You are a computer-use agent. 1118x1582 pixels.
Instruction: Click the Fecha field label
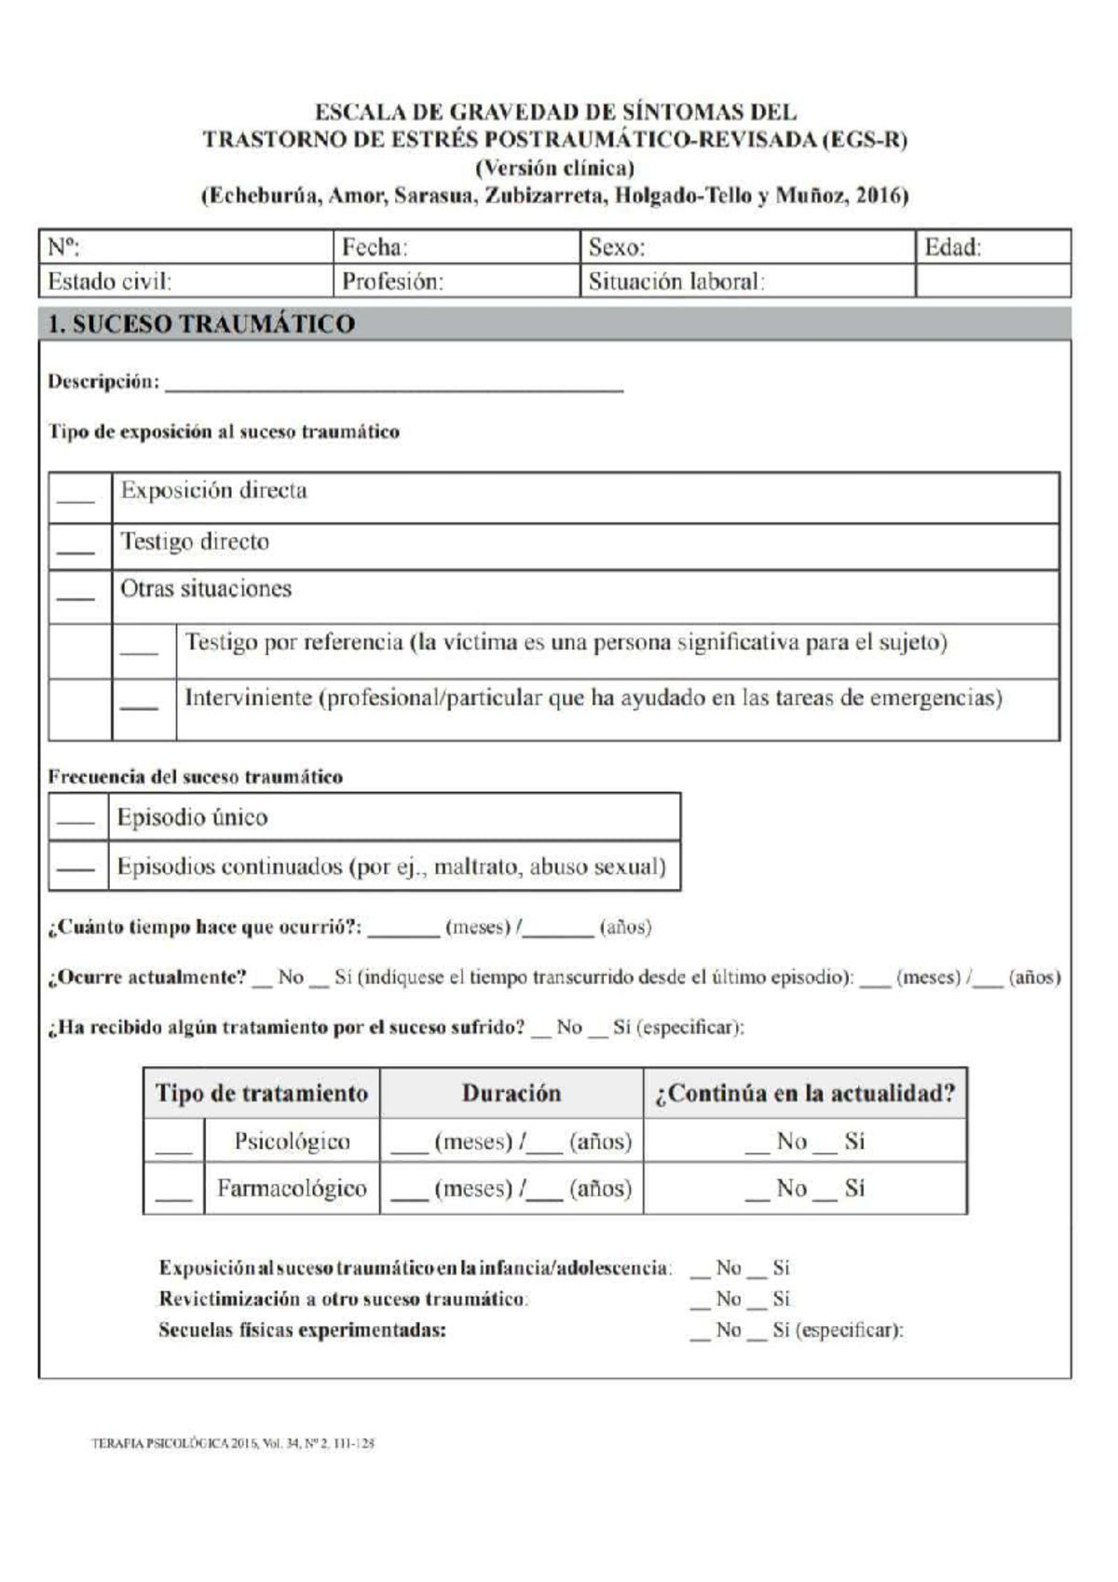[375, 248]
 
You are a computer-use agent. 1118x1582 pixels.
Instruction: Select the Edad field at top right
[952, 248]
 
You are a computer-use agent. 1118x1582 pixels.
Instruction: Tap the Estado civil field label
[109, 281]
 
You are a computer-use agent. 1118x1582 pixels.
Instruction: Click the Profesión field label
[392, 281]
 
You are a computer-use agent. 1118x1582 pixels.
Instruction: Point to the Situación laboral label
[675, 281]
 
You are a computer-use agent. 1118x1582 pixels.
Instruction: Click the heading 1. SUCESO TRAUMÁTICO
[201, 324]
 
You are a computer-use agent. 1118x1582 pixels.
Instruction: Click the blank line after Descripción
[393, 384]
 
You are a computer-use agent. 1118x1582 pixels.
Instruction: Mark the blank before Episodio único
[75, 821]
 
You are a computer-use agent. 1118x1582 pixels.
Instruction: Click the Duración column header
[511, 1093]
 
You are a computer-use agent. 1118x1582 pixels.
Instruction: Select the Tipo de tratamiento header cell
[262, 1093]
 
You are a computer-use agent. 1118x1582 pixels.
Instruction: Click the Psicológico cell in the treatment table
[292, 1141]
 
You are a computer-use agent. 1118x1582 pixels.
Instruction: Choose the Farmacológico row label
[292, 1188]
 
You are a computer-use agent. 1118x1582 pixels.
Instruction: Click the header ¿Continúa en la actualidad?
[805, 1093]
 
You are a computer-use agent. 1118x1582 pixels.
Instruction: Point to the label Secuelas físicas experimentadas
[302, 1330]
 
